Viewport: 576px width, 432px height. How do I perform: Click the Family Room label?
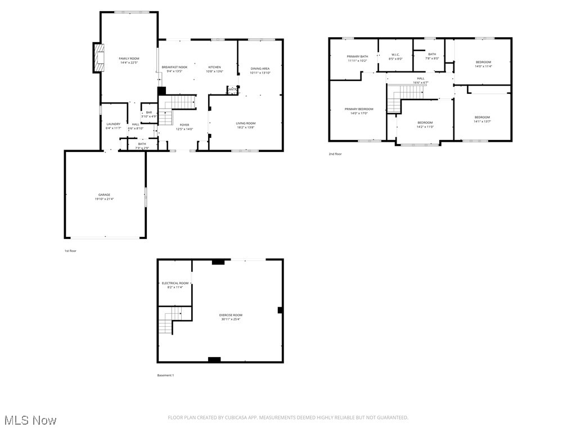(x=129, y=58)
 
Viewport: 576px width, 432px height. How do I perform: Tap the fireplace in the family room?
(x=100, y=58)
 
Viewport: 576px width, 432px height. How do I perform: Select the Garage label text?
(x=104, y=195)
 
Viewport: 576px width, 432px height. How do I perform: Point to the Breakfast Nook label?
(x=174, y=67)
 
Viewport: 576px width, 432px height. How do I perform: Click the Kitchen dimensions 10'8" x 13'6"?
(x=215, y=71)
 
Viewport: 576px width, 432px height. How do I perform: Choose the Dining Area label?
(x=260, y=69)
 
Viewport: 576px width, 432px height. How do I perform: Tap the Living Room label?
(x=245, y=123)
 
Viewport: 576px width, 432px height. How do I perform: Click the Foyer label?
(x=184, y=125)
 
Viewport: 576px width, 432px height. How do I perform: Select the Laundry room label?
(x=113, y=124)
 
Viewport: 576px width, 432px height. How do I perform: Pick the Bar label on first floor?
(x=148, y=112)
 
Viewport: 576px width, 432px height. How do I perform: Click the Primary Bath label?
(x=357, y=56)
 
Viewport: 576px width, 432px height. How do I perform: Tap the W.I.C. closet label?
(x=396, y=55)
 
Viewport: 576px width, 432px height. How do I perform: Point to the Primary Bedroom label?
(x=359, y=109)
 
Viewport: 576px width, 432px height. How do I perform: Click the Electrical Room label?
(x=175, y=283)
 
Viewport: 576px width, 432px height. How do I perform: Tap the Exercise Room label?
(x=231, y=315)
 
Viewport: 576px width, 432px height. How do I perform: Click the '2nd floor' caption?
(x=335, y=154)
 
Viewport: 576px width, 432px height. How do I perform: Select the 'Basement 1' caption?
(x=165, y=375)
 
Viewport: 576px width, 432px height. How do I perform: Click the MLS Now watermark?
(x=30, y=420)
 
